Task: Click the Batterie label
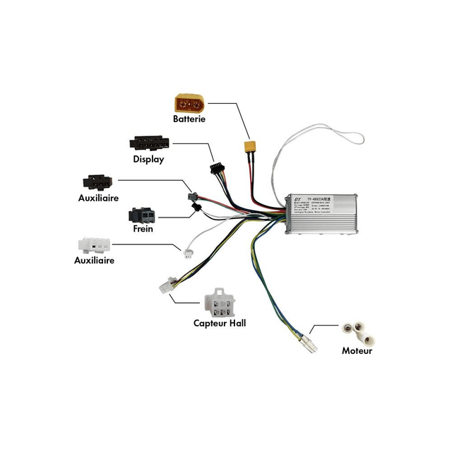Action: (x=189, y=119)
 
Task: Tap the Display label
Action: (x=148, y=159)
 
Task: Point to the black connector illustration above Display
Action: (x=148, y=143)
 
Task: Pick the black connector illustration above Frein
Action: (x=143, y=215)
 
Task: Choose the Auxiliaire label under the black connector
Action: (x=98, y=198)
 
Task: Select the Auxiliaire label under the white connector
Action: (x=94, y=260)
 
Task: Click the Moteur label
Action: (x=357, y=350)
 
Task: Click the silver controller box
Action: (x=321, y=213)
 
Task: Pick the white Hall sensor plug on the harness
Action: (x=167, y=287)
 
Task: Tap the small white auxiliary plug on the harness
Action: (x=189, y=254)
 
